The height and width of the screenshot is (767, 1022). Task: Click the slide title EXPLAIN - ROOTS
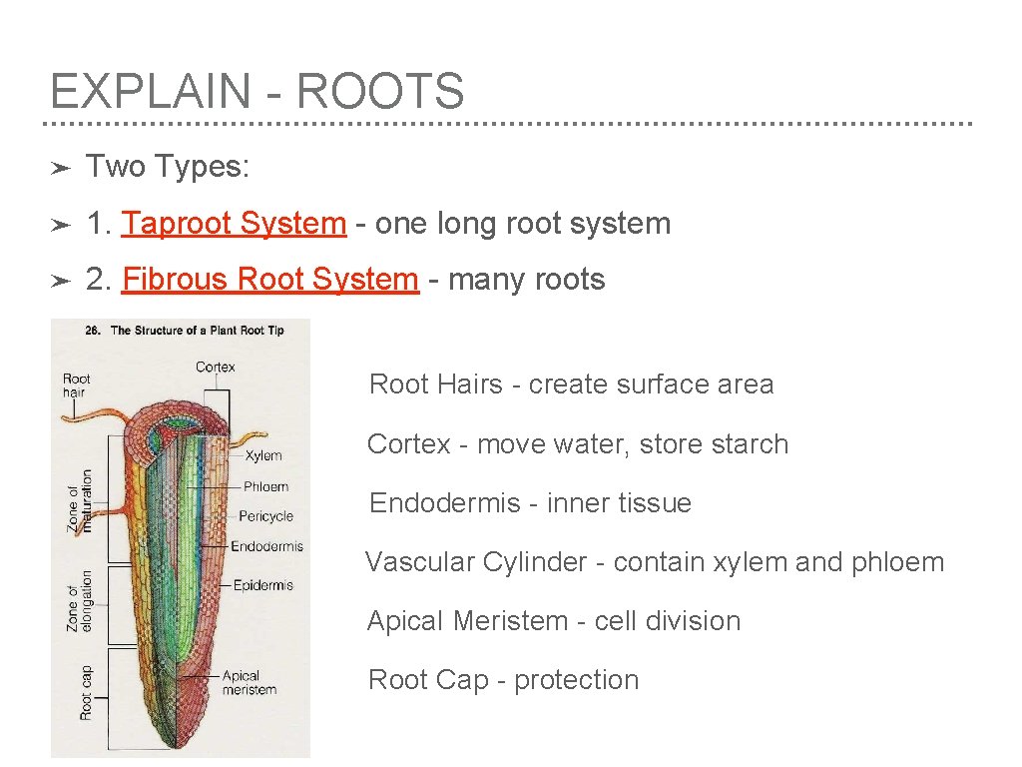(256, 91)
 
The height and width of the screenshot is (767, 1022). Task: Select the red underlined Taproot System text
(234, 223)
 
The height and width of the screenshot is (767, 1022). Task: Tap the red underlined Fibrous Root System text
(269, 279)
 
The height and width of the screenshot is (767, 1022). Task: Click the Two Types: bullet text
(167, 167)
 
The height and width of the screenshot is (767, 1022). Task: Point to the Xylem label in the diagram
(263, 455)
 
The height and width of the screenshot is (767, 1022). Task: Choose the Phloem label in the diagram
(265, 486)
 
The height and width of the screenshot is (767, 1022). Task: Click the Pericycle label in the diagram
(266, 516)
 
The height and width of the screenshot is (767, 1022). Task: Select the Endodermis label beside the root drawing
(266, 546)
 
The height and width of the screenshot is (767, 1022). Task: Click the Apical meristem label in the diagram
(249, 682)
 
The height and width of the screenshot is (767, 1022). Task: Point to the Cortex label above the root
(215, 367)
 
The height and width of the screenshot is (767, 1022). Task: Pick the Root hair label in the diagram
(76, 384)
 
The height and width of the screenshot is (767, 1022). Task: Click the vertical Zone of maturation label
(79, 500)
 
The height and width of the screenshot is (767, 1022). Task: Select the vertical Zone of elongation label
(79, 605)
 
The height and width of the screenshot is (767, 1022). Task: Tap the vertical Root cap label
(86, 692)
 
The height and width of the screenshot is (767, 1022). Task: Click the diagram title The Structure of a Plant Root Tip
(196, 331)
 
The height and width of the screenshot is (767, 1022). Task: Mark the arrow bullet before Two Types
(60, 168)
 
